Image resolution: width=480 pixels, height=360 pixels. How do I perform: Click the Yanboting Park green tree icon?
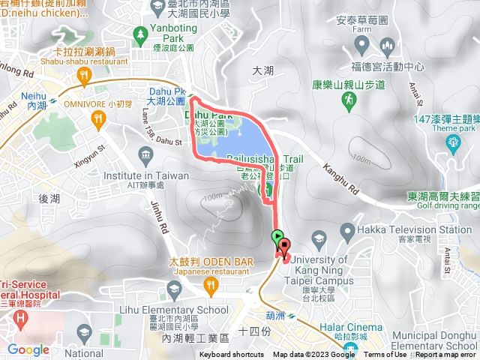(139, 34)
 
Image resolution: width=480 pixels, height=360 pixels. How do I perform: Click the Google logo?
(28, 349)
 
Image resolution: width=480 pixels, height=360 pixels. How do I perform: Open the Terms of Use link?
(385, 355)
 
